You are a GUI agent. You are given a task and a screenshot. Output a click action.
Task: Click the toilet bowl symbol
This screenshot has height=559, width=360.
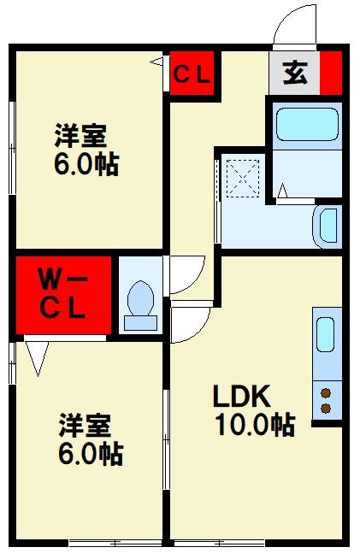click(139, 303)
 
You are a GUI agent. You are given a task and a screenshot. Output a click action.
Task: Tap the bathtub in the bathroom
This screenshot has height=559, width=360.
click(308, 127)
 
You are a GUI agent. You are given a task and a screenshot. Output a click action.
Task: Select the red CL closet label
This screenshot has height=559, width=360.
click(192, 74)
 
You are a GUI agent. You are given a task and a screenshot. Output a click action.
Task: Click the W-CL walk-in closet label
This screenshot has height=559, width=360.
click(64, 293)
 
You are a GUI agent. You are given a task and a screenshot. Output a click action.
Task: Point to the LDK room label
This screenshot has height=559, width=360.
click(241, 397)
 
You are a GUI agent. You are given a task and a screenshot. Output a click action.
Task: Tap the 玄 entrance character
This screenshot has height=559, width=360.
click(294, 73)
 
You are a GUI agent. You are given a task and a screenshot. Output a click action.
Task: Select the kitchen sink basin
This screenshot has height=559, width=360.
click(326, 335)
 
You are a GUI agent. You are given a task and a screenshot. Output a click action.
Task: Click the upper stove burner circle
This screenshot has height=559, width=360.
click(326, 392)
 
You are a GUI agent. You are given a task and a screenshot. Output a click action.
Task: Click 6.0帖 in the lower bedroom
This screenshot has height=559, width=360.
click(89, 453)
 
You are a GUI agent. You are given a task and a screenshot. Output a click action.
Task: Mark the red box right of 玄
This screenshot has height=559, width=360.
click(333, 74)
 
